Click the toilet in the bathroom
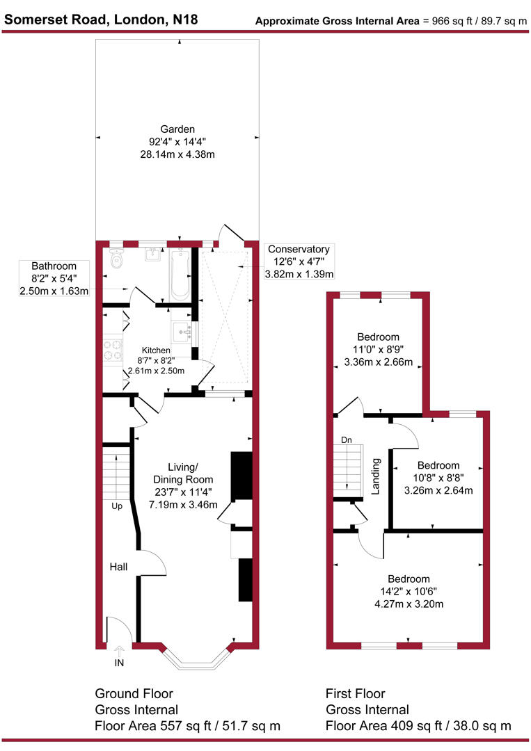pyautogui.click(x=116, y=260)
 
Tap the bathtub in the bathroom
pyautogui.click(x=180, y=275)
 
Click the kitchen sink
pyautogui.click(x=183, y=331)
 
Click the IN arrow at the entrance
pyautogui.click(x=118, y=654)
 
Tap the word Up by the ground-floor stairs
pyautogui.click(x=117, y=506)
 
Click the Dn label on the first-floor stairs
pyautogui.click(x=347, y=440)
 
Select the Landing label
pyautogui.click(x=376, y=476)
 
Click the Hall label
pyautogui.click(x=118, y=567)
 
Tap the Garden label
pyautogui.click(x=177, y=129)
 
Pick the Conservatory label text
pyautogui.click(x=299, y=249)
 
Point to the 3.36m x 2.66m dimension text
pyautogui.click(x=379, y=362)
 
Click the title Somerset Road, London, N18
pyautogui.click(x=101, y=19)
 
